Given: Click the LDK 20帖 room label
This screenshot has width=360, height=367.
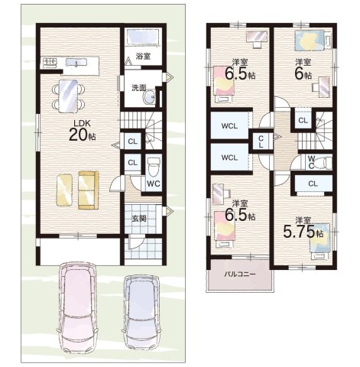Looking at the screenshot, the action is [x=82, y=131].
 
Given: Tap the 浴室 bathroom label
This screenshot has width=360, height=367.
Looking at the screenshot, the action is [x=143, y=57].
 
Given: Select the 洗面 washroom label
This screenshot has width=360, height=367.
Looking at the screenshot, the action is [x=139, y=88].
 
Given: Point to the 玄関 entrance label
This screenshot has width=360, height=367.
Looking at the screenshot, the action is [x=139, y=219].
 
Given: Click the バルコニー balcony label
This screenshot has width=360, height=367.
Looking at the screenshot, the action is [x=239, y=274].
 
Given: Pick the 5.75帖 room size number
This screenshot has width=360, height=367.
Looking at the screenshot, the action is [x=303, y=232].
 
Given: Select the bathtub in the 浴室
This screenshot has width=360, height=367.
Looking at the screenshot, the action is [x=143, y=37].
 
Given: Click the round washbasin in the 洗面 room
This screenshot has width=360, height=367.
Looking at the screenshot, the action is [x=150, y=97].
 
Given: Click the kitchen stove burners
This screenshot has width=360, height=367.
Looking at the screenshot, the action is [x=50, y=61].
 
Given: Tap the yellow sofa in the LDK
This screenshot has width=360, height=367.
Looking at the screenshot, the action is [x=88, y=190].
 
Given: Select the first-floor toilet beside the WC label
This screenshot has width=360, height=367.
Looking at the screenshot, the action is [x=154, y=167].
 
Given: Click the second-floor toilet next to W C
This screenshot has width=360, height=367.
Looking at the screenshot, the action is [x=324, y=163].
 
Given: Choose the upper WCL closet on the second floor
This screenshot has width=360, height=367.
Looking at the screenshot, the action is [x=230, y=126].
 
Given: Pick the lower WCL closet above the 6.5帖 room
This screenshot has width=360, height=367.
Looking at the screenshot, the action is [x=230, y=158].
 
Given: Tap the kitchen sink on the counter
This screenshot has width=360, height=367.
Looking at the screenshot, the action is [x=76, y=62].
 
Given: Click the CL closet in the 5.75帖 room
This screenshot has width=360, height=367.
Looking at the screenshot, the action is [x=313, y=183].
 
